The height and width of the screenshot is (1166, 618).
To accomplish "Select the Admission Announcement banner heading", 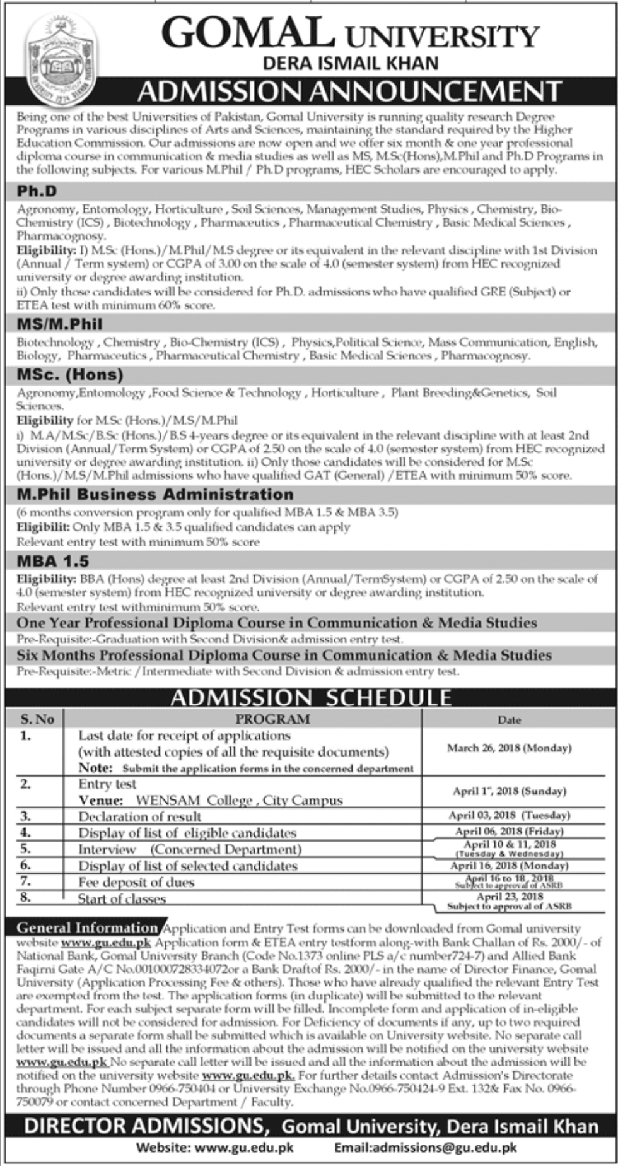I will pos(349,91).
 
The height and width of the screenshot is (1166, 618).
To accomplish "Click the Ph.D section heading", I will pos(37,191).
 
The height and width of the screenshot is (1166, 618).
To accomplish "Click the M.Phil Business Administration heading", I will pos(155,494).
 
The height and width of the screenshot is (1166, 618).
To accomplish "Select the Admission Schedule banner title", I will pos(312,697).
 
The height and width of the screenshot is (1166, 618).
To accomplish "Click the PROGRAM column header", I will pos(272,719).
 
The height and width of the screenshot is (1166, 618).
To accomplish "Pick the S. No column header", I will pos(37,719).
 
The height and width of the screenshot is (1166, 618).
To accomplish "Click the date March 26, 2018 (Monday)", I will pos(509,748).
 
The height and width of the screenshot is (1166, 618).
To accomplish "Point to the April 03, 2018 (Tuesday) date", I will pos(509,815).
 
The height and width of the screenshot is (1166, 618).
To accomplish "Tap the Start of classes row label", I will pos(122,898).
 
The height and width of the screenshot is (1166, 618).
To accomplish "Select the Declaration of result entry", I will pos(139,816).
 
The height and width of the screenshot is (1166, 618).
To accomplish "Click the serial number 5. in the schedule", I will pos(26,849).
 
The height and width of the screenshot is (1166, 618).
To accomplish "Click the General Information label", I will pos(87,928).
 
